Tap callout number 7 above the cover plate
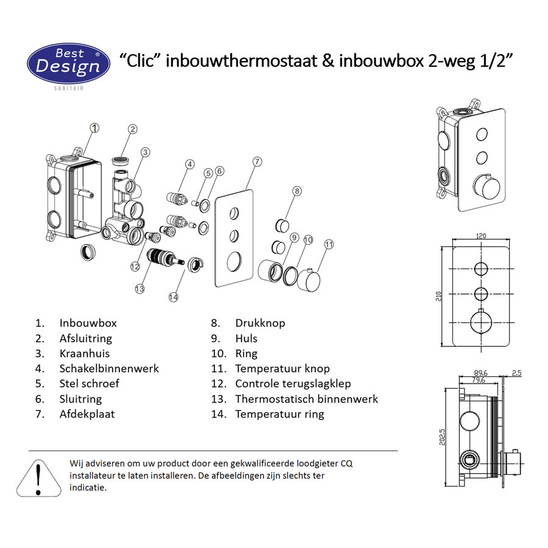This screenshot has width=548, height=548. tap(257, 161)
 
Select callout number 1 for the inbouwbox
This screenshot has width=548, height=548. tap(94, 128)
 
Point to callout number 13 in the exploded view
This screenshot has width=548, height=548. tap(140, 288)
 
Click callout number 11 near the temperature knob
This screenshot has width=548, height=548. tap(329, 245)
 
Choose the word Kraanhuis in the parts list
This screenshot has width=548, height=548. tap(85, 354)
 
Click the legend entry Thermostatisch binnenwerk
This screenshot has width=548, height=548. tap(306, 399)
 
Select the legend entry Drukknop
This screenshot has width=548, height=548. tap(260, 323)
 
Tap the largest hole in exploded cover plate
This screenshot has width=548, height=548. tap(233, 262)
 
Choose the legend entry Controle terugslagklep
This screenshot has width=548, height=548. tap(293, 384)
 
